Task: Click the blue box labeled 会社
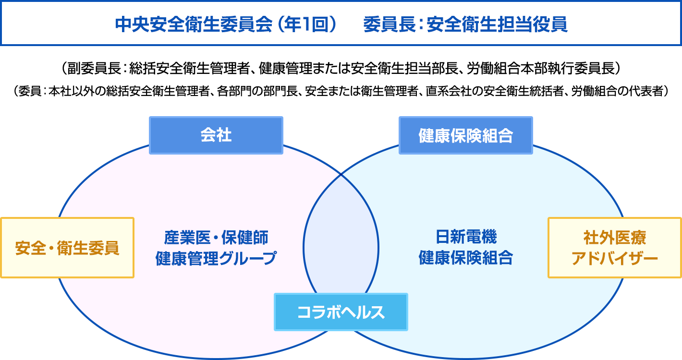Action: click(216, 135)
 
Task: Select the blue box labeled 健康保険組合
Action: click(465, 135)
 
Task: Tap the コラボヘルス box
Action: click(341, 312)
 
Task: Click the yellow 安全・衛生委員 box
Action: click(67, 248)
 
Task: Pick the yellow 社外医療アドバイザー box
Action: click(615, 248)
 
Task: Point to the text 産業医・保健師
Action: click(216, 237)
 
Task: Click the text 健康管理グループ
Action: click(216, 258)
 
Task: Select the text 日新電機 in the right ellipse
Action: click(466, 237)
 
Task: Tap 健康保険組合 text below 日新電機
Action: click(466, 258)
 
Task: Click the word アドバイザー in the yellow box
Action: click(615, 259)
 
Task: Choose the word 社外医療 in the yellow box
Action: click(615, 238)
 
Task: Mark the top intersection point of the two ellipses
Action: click(341, 175)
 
